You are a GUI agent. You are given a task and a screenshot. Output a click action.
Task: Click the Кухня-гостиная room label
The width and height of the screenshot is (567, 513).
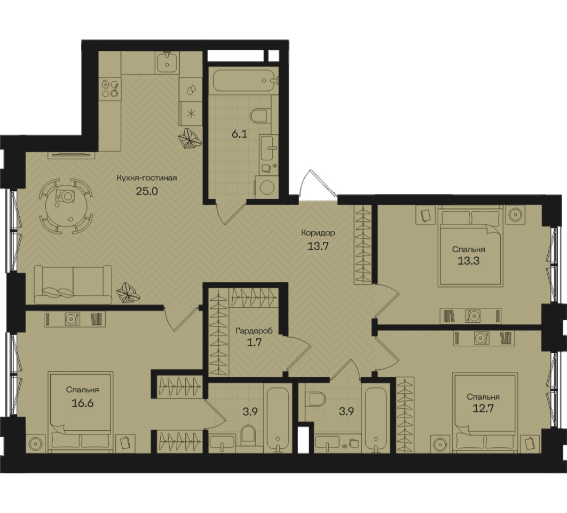pyautogui.click(x=147, y=178)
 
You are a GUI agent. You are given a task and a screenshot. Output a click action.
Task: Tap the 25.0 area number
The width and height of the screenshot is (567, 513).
pyautogui.click(x=147, y=191)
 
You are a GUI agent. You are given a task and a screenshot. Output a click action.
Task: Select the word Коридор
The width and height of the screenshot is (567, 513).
pyautogui.click(x=318, y=233)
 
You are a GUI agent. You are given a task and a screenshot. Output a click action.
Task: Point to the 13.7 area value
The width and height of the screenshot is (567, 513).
pyautogui.click(x=318, y=246)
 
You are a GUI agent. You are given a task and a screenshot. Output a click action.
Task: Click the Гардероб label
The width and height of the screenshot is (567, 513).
pyautogui.click(x=254, y=331)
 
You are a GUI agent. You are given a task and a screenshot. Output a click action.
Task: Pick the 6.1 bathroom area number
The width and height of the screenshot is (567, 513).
pyautogui.click(x=239, y=134)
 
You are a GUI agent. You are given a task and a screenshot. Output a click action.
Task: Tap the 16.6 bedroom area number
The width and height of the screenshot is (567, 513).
pyautogui.click(x=82, y=402)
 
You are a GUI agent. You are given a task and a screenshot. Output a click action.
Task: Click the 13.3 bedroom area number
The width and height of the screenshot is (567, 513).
pyautogui.click(x=469, y=261)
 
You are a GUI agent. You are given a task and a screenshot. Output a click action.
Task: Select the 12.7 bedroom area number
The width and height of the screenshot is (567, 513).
pyautogui.click(x=483, y=409)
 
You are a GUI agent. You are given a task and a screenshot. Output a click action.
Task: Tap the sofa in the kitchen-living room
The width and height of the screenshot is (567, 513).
pyautogui.click(x=73, y=285)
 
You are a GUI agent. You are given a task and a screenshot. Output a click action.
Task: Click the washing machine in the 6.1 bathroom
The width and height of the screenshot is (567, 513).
pyautogui.click(x=266, y=188)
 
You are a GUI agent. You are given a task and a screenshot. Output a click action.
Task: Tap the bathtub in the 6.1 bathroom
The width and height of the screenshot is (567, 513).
pyautogui.click(x=245, y=81)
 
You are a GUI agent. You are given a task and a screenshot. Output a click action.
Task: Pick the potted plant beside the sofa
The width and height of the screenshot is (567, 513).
pyautogui.click(x=128, y=292)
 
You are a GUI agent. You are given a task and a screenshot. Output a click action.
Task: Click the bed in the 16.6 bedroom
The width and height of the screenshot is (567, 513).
pyautogui.click(x=81, y=412)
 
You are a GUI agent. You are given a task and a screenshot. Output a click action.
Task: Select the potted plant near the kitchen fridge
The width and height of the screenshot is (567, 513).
pyautogui.click(x=189, y=138)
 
